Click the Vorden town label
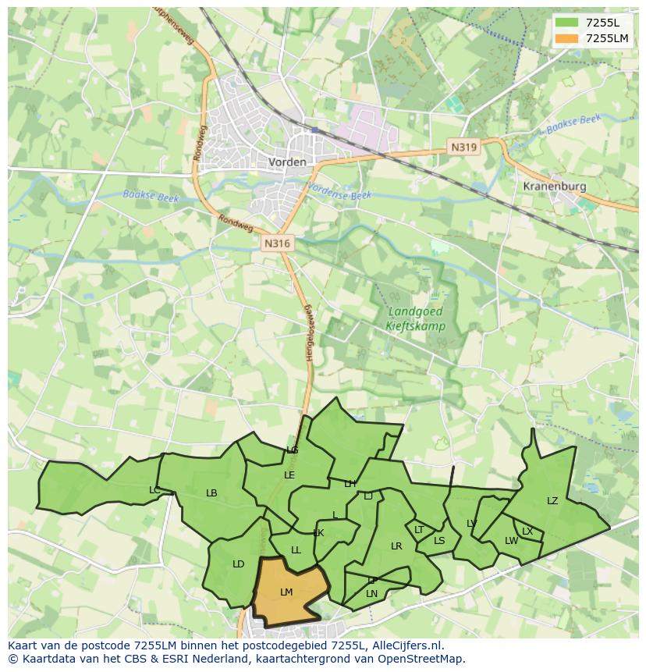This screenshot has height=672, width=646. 287,162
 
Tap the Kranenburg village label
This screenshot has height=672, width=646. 554,187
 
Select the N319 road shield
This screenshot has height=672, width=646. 463,147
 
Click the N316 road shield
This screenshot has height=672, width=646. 277,244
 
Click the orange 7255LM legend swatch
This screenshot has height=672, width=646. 566,38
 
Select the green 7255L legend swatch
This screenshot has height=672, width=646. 566,22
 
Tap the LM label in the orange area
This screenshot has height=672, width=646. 286,592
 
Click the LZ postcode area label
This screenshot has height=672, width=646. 552,501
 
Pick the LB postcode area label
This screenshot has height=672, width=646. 211,493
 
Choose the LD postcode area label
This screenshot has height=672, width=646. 239,564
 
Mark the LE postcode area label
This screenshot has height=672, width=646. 289,475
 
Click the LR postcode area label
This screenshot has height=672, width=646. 396,546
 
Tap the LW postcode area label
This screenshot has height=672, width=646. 511,541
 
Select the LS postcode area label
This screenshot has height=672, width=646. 439,541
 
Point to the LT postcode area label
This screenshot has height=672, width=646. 419,530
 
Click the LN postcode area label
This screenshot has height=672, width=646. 371,594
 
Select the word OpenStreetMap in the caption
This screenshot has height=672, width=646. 422,659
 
